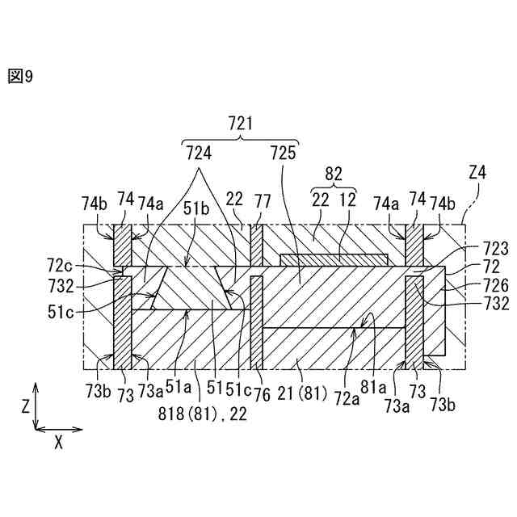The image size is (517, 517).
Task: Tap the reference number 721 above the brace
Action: [x=241, y=124]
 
